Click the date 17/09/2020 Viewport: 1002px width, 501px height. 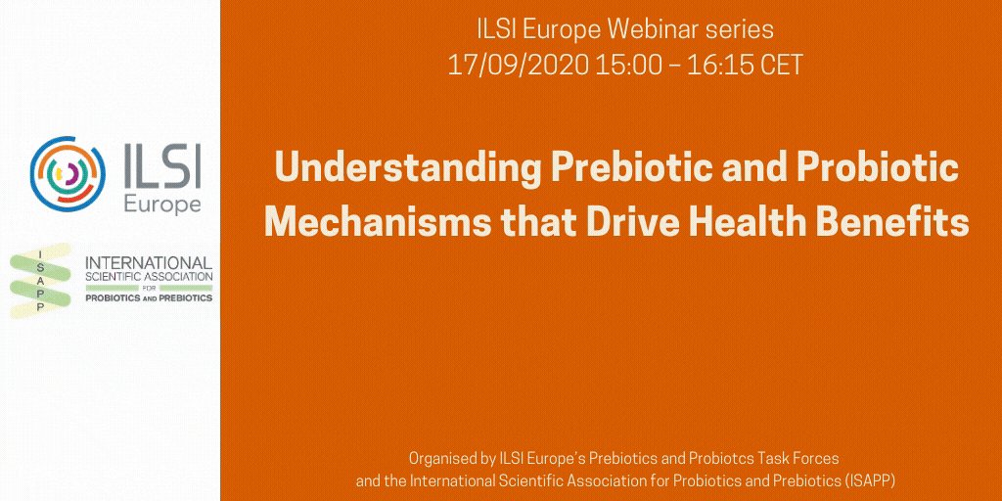click(x=507, y=66)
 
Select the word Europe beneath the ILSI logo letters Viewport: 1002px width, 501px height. click(x=162, y=205)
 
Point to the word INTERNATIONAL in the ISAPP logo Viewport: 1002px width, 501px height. click(x=149, y=263)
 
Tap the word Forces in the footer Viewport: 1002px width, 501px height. click(x=815, y=458)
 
